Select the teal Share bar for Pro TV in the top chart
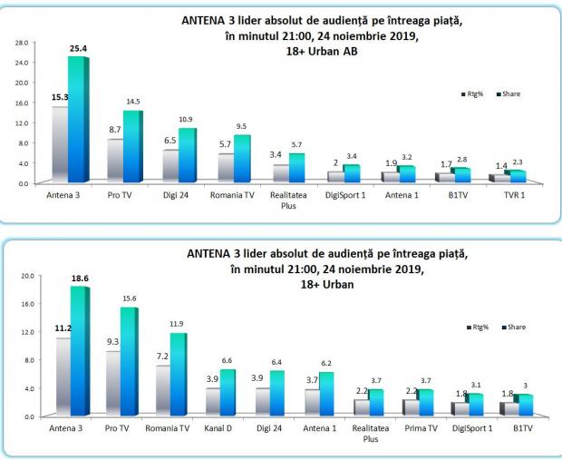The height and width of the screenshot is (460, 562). pos(132,145)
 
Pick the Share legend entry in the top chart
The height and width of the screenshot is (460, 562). pos(509,93)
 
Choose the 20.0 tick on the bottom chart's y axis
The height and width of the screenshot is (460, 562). pos(27,276)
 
